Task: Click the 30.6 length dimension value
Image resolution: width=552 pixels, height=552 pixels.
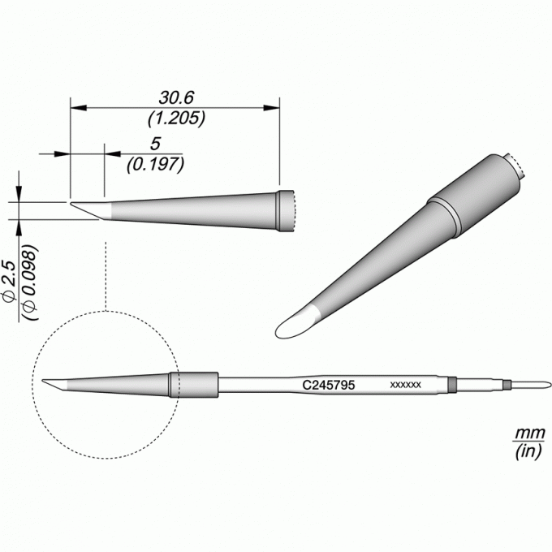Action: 176,97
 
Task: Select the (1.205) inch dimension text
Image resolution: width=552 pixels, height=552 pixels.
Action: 176,119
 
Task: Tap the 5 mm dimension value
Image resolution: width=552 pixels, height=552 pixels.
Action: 155,144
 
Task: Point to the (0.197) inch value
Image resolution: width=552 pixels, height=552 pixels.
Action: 155,165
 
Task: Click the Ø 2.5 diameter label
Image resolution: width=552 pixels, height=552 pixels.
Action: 10,281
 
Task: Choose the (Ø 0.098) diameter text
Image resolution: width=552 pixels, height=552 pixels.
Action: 29,282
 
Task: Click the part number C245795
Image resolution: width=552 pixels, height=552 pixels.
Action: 329,385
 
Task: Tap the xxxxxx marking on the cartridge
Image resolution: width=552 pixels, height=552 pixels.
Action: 405,385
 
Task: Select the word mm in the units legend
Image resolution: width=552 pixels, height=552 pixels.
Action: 530,433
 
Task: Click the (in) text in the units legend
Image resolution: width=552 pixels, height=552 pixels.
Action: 528,451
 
